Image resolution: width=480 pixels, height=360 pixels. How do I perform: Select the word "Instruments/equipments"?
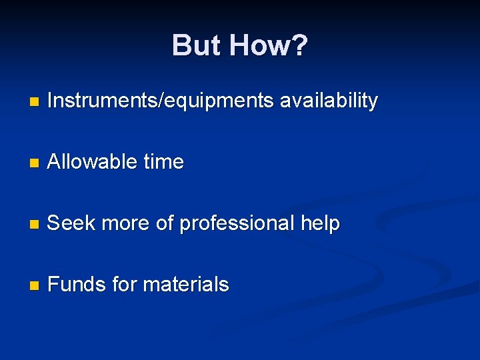point(161,101)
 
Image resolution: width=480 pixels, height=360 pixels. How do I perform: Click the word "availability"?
point(329,101)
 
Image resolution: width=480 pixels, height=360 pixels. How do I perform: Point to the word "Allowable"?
point(91,162)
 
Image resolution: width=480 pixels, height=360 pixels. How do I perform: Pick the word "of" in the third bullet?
point(165,223)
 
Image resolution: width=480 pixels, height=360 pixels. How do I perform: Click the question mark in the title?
point(299,46)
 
